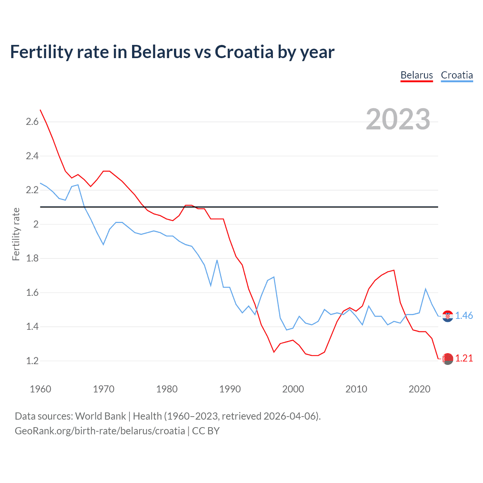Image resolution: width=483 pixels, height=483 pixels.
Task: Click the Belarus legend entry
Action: coord(417,75)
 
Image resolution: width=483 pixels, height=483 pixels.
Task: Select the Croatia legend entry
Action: coord(457,75)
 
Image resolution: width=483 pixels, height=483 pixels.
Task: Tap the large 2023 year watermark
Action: coord(398,119)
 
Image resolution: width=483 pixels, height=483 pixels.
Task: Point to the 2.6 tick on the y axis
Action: coord(32,122)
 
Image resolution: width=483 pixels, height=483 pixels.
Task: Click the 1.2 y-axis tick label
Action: coord(32,361)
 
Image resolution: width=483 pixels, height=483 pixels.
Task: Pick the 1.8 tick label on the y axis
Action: coord(32,258)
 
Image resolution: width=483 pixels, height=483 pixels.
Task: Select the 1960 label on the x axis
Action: coord(40,389)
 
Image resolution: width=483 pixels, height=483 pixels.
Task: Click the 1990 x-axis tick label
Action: coord(230,389)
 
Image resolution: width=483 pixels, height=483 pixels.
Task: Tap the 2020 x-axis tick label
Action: coord(419,389)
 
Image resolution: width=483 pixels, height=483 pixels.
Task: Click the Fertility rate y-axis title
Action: coord(16,234)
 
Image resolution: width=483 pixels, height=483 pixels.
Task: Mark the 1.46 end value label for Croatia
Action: coord(464,315)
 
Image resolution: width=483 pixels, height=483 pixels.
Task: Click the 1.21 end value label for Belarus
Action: coord(464,358)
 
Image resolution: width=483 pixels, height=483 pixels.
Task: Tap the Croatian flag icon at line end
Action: coord(448,316)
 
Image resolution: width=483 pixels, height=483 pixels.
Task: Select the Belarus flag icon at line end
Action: coord(448,359)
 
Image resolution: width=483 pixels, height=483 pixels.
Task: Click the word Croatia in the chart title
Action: coord(244,52)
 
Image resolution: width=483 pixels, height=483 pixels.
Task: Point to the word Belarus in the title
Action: coord(160,52)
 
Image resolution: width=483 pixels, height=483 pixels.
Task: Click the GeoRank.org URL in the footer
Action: coord(100,431)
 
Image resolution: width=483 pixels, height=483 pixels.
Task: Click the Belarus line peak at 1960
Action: coord(40,110)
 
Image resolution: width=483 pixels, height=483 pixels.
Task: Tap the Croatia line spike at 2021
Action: coord(426,289)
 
